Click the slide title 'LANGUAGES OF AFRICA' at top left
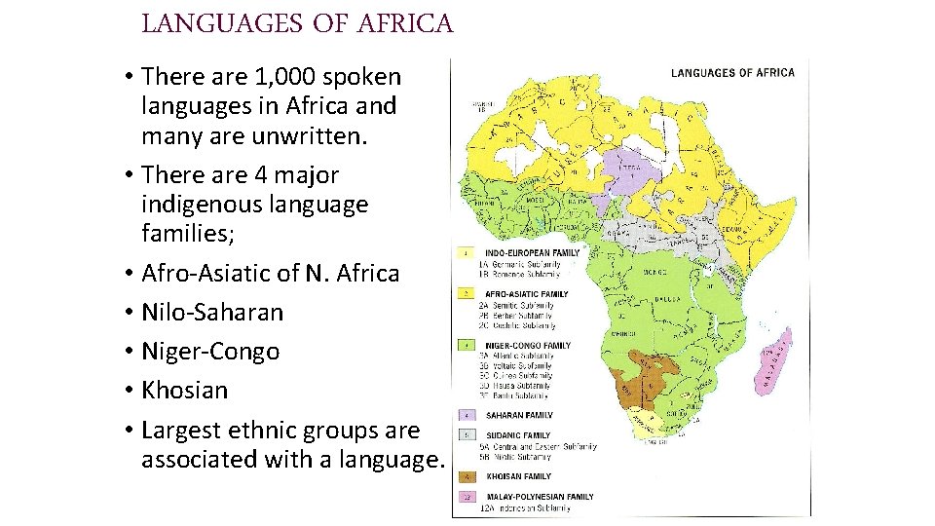click(x=297, y=23)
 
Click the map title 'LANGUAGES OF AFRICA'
click(x=732, y=72)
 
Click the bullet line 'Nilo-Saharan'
click(x=211, y=312)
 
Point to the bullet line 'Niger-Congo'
click(x=209, y=351)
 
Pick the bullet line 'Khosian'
click(x=184, y=390)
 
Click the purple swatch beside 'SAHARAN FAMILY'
click(x=466, y=415)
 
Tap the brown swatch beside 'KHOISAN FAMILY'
click(x=466, y=476)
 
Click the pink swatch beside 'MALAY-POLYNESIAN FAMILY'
click(x=466, y=497)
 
